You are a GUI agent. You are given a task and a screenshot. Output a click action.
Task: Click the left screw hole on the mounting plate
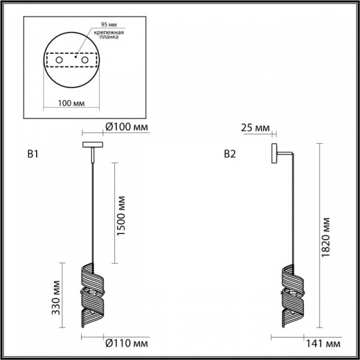tap(59, 62)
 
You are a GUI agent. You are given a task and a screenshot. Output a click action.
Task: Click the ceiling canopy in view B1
tap(91, 145)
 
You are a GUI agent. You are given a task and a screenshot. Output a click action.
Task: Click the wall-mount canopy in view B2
tap(274, 152)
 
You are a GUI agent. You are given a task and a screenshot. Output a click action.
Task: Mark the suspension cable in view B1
tap(91, 208)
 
